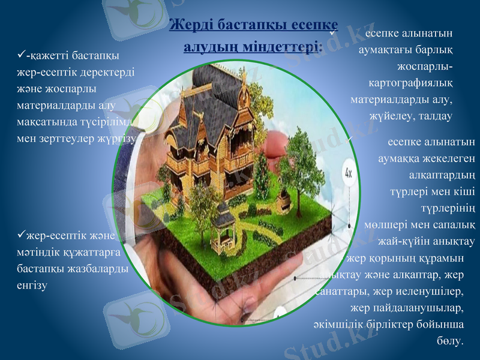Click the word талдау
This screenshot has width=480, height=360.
434,114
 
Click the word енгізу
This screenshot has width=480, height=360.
32,285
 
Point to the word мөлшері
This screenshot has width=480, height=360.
386,226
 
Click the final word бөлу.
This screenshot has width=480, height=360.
451,341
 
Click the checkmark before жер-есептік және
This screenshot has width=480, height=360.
22,234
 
